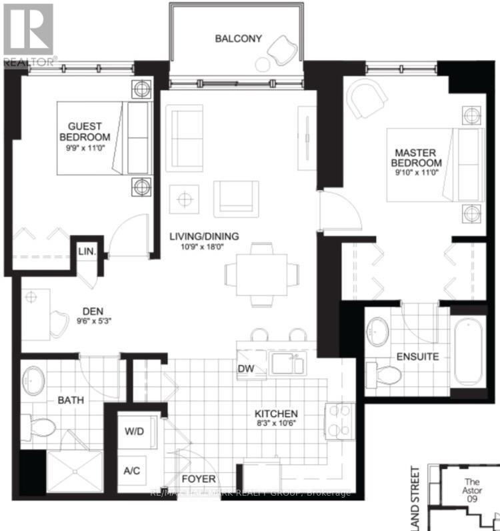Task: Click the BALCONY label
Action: [x=233, y=38]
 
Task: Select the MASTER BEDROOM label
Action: [x=416, y=158]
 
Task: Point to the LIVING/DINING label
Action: [x=203, y=235]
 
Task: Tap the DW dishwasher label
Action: [x=245, y=368]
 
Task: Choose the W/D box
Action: [x=134, y=432]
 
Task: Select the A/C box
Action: [x=132, y=471]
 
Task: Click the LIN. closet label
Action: [x=87, y=252]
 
